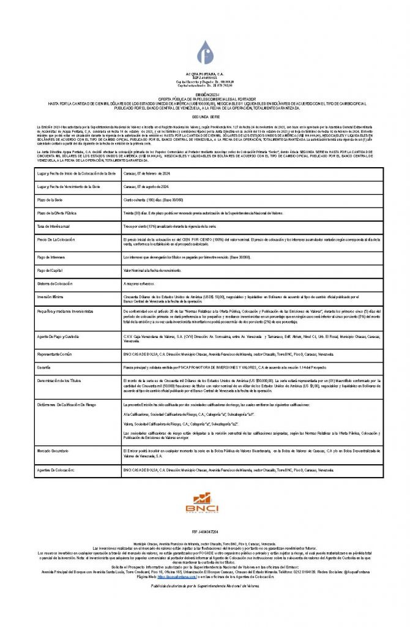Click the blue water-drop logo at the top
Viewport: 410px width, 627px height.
pos(205,53)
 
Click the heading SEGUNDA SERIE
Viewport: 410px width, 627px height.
pos(205,115)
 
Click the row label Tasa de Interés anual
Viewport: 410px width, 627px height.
pos(55,226)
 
